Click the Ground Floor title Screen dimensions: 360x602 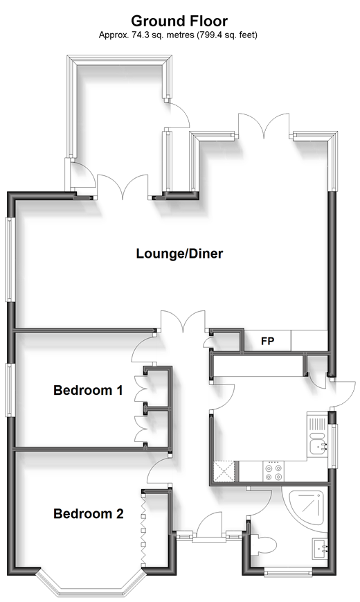click(179, 21)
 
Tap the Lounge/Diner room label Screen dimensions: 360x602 click(179, 254)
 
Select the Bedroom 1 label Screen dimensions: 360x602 click(89, 390)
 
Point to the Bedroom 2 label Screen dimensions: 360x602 click(89, 513)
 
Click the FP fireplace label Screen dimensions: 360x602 click(267, 341)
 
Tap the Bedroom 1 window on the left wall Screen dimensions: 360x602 click(10, 390)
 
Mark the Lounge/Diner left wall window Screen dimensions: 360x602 click(10, 260)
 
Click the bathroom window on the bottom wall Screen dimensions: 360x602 click(288, 572)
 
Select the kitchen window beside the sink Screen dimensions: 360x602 click(332, 445)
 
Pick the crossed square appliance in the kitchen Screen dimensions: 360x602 click(224, 470)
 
